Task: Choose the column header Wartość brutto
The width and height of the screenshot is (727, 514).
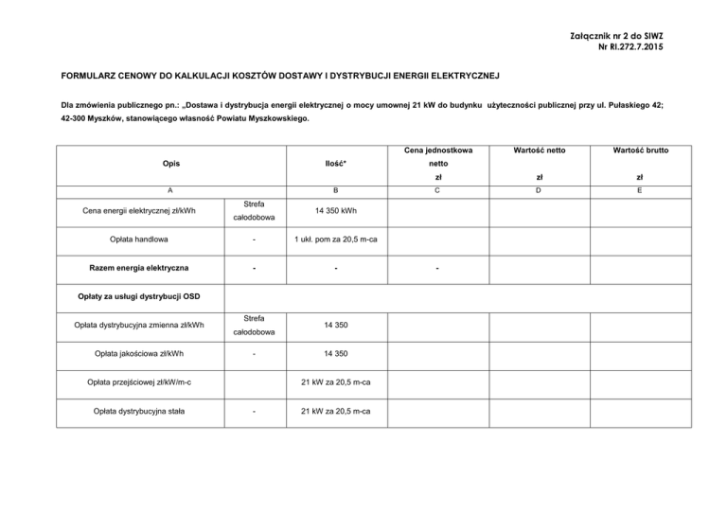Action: click(x=643, y=150)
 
